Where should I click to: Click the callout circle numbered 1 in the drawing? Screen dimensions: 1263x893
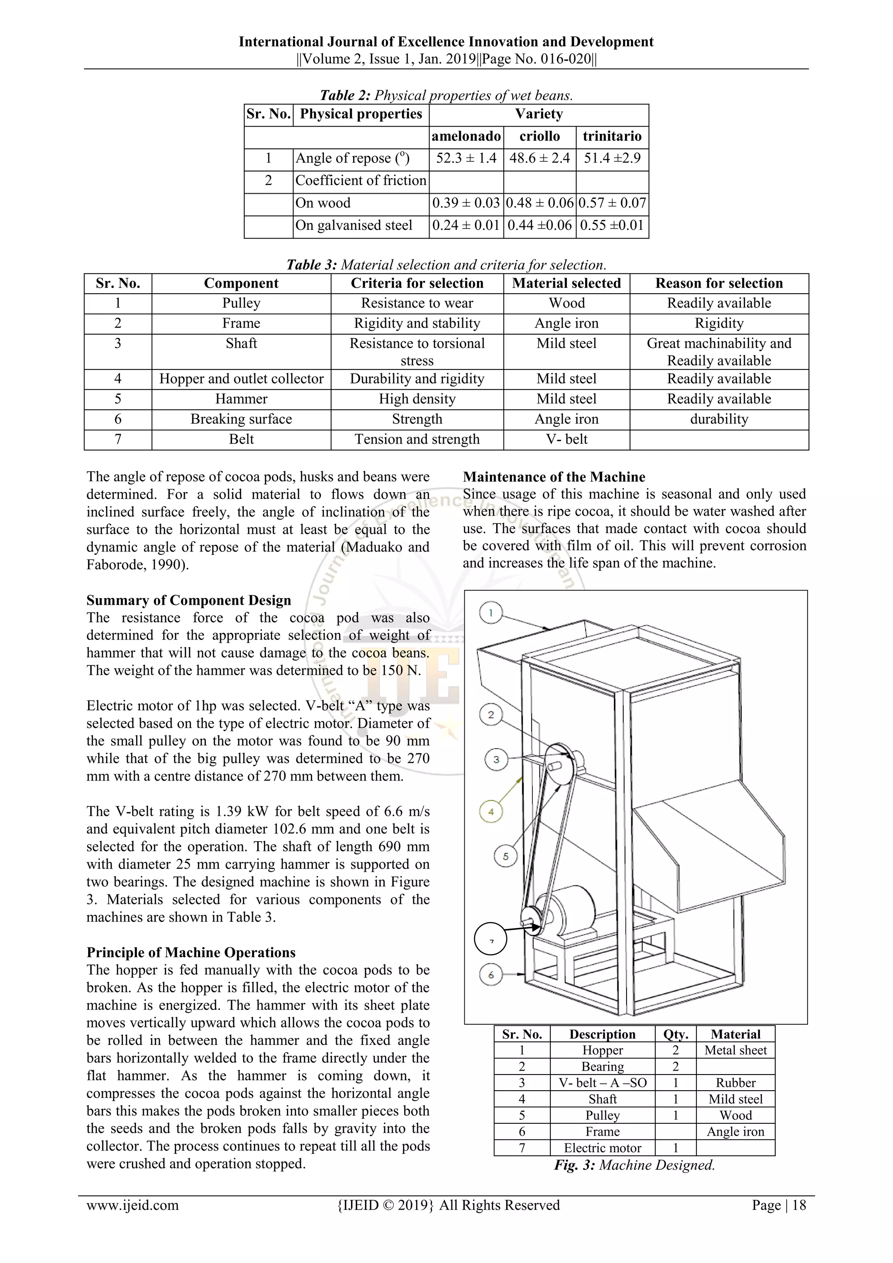[x=491, y=613]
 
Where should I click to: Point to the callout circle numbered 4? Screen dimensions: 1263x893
[x=491, y=811]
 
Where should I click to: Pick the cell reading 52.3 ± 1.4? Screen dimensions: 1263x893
[x=466, y=158]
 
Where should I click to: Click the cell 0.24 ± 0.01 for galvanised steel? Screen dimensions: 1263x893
[x=466, y=226]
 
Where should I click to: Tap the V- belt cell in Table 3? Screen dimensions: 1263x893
[x=566, y=439]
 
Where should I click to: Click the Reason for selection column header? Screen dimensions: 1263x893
[x=719, y=283]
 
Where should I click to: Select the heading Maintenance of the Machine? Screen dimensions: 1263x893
[x=554, y=477]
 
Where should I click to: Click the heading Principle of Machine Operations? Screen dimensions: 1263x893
[x=191, y=952]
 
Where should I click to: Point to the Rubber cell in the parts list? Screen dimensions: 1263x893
[x=735, y=1082]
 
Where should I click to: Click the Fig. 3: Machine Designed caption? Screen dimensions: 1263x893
[x=634, y=1165]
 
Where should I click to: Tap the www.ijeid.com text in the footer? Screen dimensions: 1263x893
[x=133, y=1205]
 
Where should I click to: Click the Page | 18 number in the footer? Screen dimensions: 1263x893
[x=779, y=1205]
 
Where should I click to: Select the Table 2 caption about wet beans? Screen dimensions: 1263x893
[x=446, y=96]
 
